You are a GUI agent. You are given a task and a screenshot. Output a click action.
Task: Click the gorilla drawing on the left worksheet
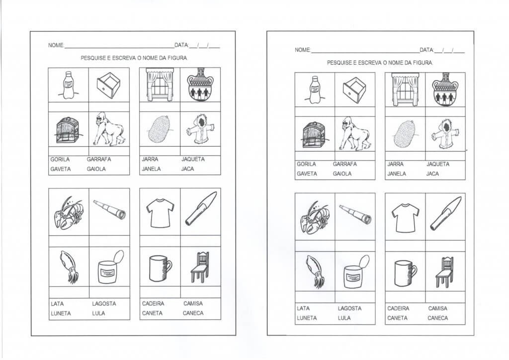(108, 129)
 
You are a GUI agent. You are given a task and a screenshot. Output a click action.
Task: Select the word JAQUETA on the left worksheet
(193, 160)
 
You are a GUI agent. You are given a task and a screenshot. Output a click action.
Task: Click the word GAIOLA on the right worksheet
(342, 174)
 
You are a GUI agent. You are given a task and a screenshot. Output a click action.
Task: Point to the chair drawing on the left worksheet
(200, 267)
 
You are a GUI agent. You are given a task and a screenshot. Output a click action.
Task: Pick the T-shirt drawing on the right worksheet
(406, 218)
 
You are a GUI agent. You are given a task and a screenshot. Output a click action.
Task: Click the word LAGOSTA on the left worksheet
(104, 304)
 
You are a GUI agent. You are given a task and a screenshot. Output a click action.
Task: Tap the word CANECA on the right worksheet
(437, 318)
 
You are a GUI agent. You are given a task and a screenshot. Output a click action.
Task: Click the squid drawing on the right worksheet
(315, 271)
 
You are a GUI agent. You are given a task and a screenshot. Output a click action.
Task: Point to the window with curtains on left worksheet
(160, 85)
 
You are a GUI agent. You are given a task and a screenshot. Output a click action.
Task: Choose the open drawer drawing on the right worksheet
(354, 90)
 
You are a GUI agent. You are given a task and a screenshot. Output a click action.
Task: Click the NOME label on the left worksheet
(56, 45)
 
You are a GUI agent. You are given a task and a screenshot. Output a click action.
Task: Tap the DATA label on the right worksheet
(426, 50)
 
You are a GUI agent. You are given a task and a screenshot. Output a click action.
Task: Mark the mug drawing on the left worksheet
(160, 268)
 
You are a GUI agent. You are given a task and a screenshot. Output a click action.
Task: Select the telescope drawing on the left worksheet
(110, 209)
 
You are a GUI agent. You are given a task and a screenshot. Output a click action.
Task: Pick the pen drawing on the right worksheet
(446, 213)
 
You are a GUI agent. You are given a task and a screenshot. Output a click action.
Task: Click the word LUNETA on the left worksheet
(61, 314)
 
